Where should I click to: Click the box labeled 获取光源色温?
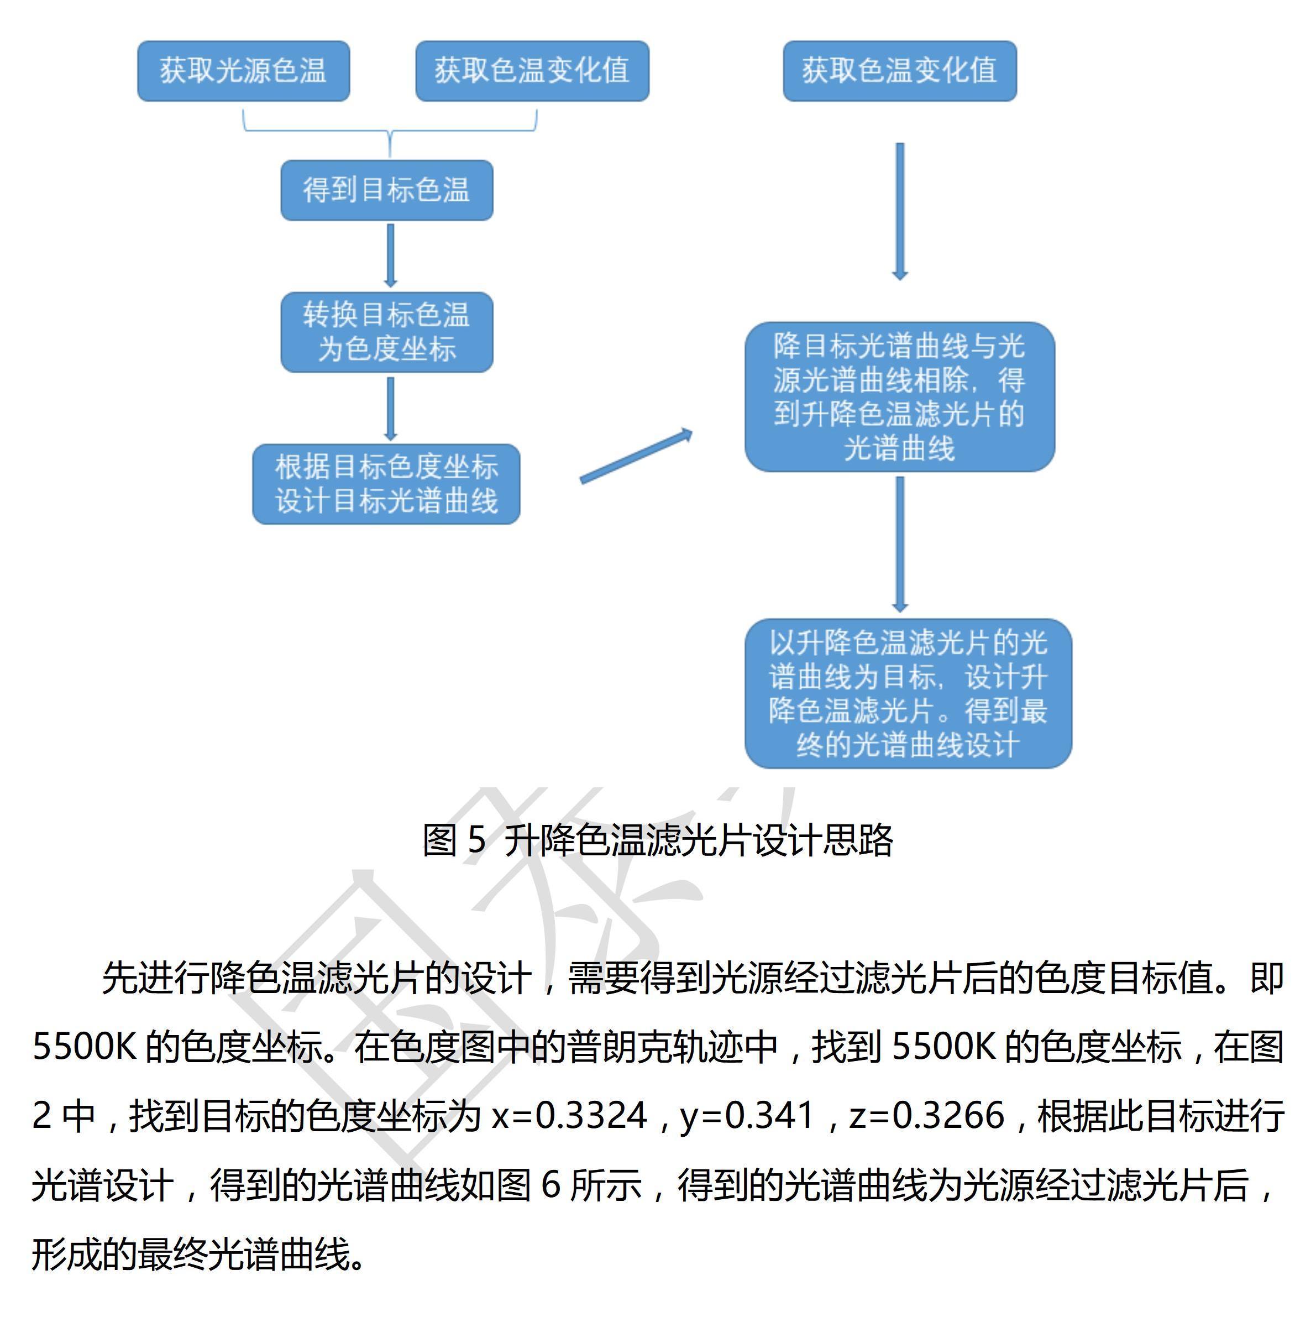243,71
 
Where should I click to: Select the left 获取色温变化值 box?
532,71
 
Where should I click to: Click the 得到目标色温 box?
386,190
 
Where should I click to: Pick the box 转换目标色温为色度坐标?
386,332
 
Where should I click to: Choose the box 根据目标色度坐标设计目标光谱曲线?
386,484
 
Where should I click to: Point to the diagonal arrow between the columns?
635,457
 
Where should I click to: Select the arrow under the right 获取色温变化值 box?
900,211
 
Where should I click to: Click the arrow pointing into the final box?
900,544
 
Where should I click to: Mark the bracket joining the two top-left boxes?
390,129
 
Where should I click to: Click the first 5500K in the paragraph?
85,1047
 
